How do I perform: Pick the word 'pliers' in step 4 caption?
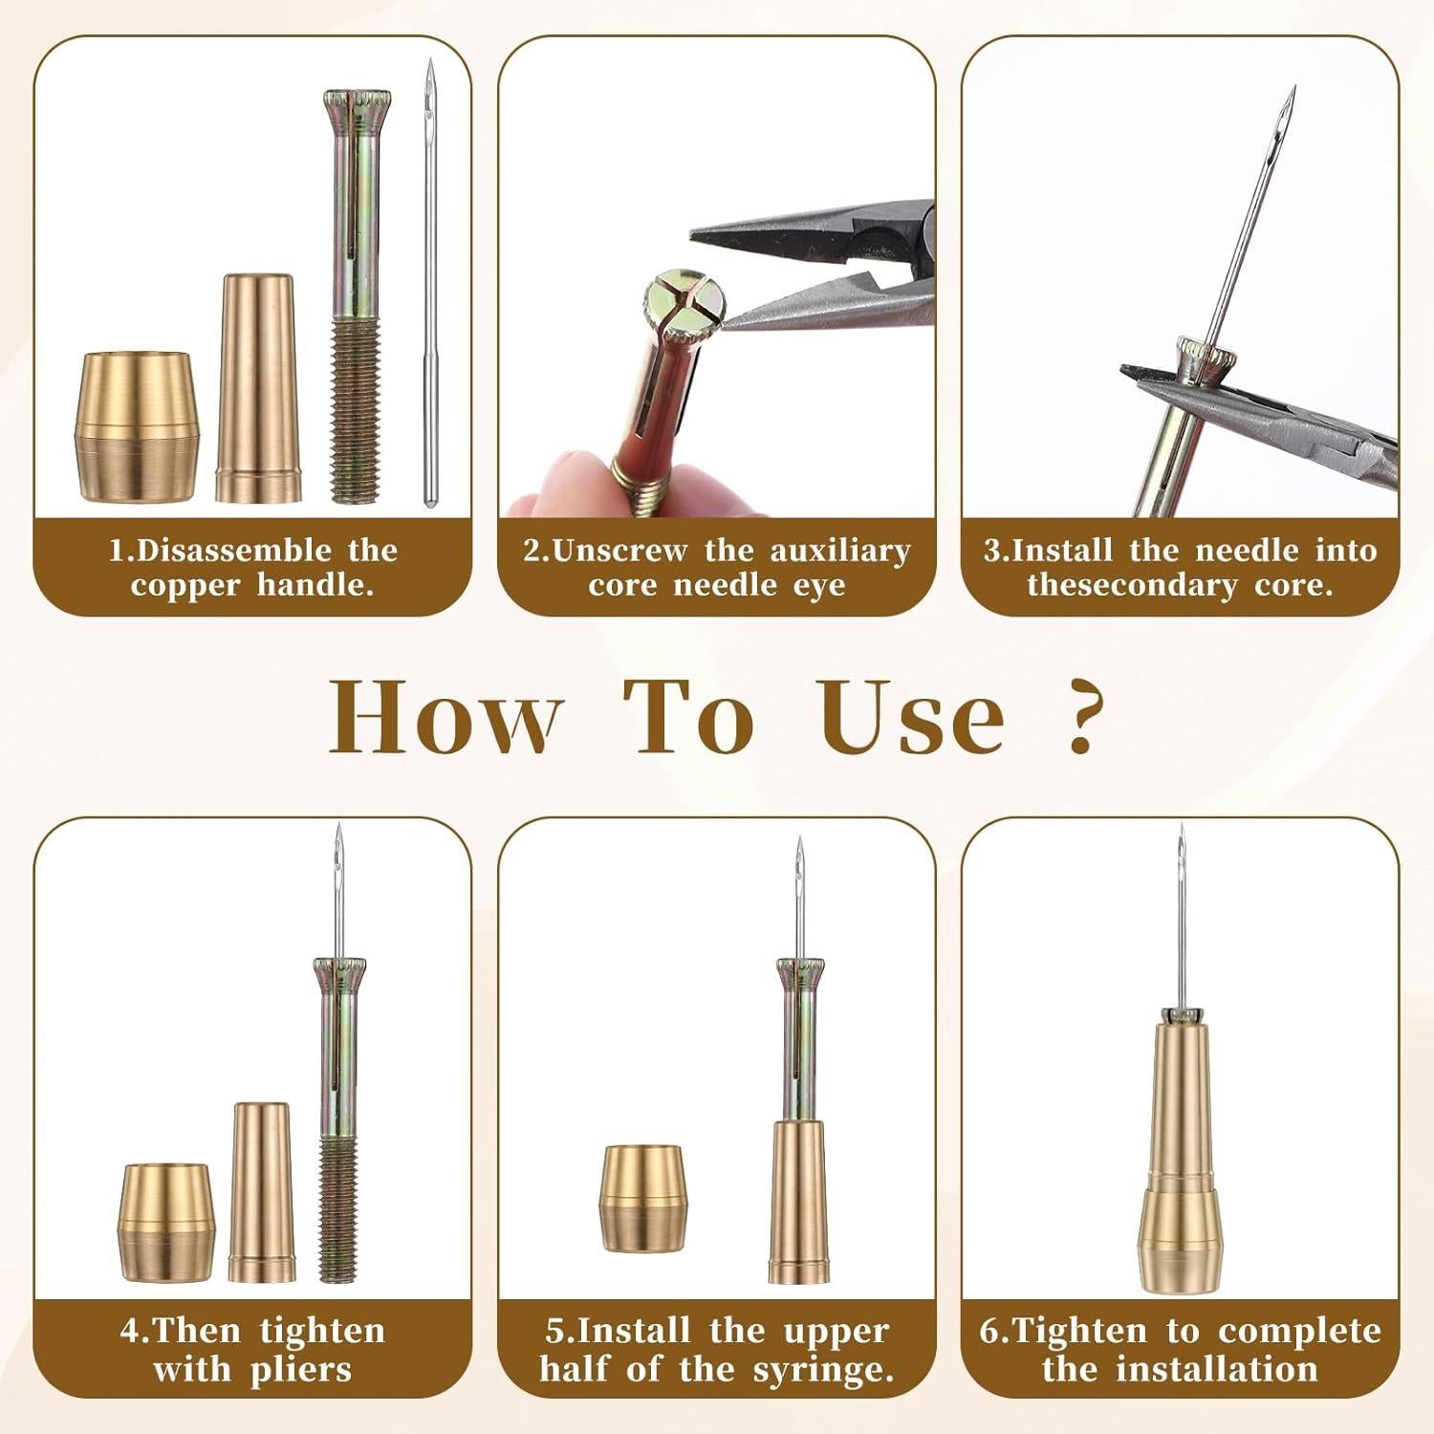click(x=301, y=1369)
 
